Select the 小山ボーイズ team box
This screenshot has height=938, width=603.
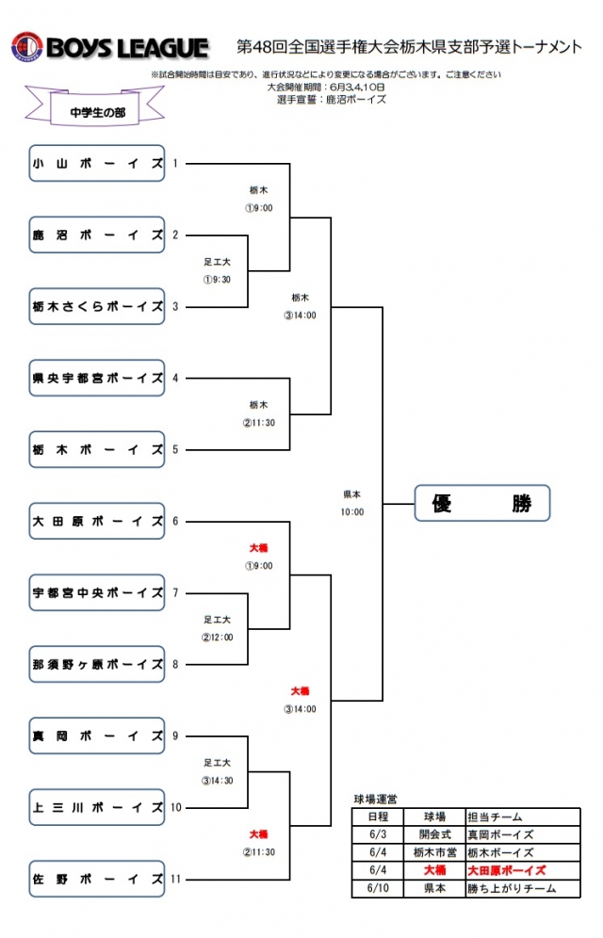click(97, 163)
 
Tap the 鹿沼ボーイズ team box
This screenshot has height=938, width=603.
click(97, 234)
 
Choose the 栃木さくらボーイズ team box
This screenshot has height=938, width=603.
click(97, 306)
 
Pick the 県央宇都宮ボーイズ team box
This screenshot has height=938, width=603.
click(97, 378)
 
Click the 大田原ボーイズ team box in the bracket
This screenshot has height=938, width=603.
click(97, 521)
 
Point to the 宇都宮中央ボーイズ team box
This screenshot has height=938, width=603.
click(97, 592)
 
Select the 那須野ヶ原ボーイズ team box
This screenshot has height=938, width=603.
click(97, 664)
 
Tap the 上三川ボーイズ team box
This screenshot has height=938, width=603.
click(97, 807)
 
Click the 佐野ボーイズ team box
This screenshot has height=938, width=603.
click(97, 879)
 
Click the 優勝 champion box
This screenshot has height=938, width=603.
click(481, 503)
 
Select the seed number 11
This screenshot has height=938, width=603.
click(176, 879)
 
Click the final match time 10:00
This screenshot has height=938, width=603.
click(353, 512)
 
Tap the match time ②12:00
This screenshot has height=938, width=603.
click(218, 637)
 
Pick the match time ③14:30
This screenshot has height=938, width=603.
click(218, 780)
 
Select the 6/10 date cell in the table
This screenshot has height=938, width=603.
click(377, 888)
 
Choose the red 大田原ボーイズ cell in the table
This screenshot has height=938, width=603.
click(508, 870)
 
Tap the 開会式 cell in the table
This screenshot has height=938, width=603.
click(433, 834)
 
